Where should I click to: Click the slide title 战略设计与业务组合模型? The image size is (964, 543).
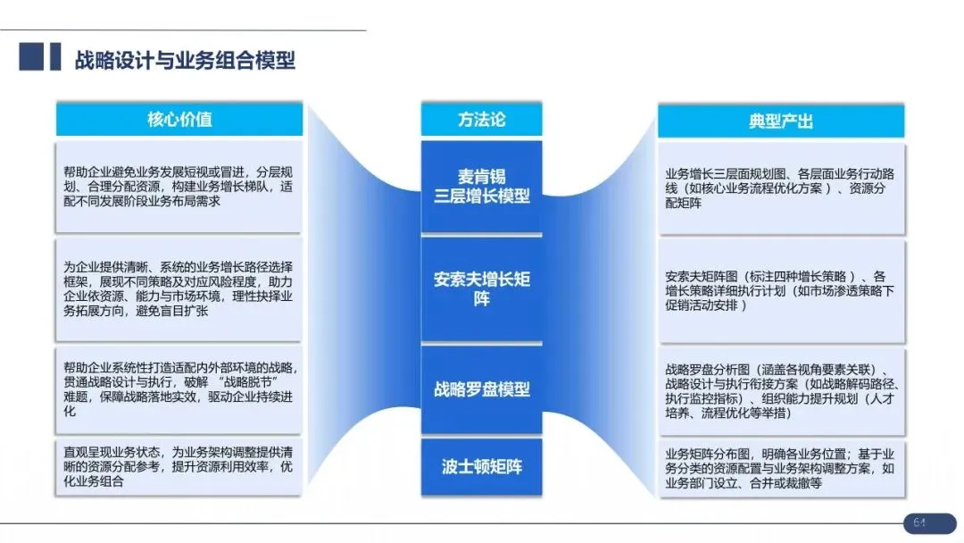coord(185,60)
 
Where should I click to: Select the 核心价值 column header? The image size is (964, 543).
coord(179,120)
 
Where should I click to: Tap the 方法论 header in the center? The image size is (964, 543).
coord(482,120)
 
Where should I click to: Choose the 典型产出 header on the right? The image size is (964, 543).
coord(781,121)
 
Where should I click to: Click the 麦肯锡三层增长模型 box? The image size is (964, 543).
coord(482,186)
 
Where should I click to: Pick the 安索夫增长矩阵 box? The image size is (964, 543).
coord(482,288)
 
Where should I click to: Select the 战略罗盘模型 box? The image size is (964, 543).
coord(482,389)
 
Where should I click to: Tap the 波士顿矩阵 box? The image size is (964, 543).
coord(482,466)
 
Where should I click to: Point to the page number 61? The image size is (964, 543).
coord(918,522)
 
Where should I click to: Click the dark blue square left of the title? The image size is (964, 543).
coord(32,56)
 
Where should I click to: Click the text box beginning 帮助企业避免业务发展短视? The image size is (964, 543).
coord(179,187)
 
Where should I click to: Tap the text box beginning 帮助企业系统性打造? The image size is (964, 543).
coord(179,389)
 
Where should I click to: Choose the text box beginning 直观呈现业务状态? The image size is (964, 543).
coord(179,466)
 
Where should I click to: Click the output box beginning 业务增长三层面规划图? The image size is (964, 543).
coord(781,188)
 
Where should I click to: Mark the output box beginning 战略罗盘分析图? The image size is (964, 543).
coord(781,391)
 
